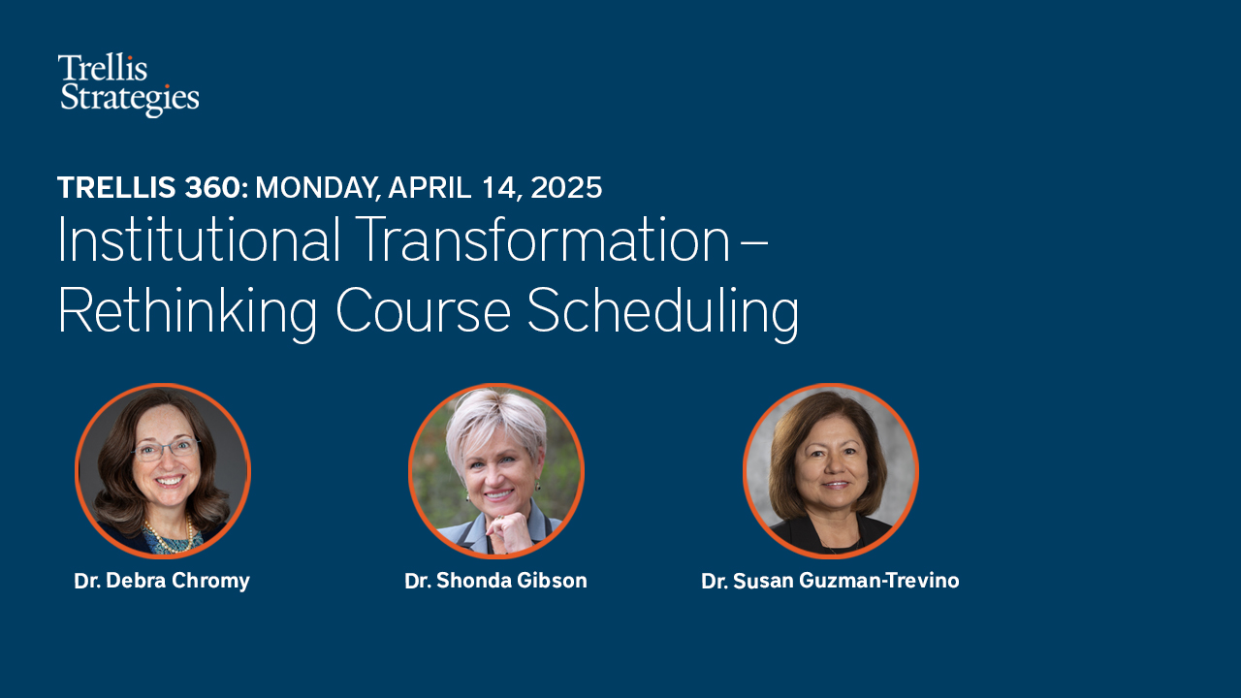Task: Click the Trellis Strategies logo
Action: [128, 84]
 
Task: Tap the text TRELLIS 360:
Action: [152, 187]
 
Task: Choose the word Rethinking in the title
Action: [187, 312]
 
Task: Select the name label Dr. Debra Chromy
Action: [162, 582]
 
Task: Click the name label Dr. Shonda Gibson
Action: [495, 582]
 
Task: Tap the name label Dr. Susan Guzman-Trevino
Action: [830, 582]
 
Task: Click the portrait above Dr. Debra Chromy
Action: [163, 471]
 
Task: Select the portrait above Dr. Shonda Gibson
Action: [496, 471]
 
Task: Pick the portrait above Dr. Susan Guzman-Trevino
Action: [831, 471]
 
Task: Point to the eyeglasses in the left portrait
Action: [166, 448]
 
